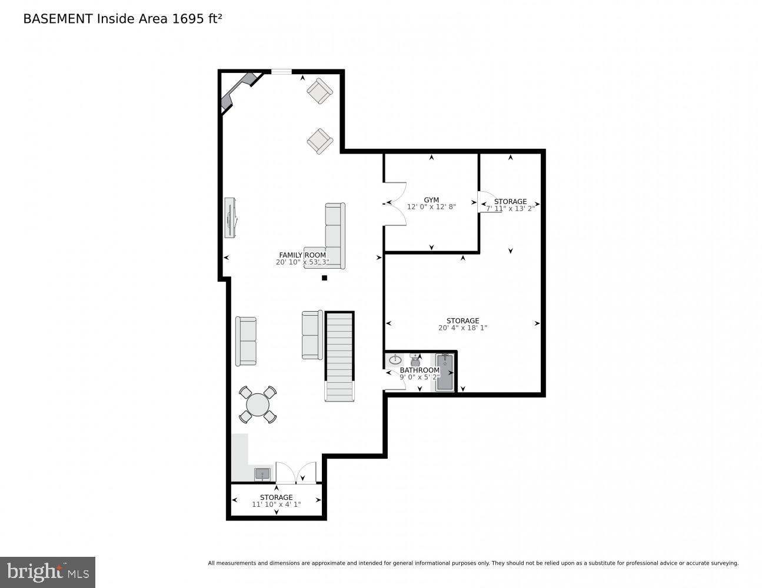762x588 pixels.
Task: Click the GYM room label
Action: tap(431, 200)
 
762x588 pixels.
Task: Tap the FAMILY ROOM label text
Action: tap(302, 255)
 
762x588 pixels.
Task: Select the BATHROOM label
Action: tap(420, 370)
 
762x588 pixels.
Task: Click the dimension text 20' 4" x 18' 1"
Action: tap(462, 328)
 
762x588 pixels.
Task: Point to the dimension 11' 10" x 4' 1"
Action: tap(276, 505)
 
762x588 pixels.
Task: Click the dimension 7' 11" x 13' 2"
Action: tap(510, 208)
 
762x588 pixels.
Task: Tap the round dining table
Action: tap(258, 405)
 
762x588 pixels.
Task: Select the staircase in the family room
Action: tap(340, 356)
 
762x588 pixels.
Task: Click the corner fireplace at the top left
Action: tap(238, 91)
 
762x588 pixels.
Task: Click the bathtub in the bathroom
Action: tap(445, 372)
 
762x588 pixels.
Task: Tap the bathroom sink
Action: tap(395, 359)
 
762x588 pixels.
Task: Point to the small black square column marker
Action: tap(324, 278)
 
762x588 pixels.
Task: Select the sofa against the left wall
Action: tap(246, 341)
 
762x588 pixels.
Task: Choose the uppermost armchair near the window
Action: tap(320, 91)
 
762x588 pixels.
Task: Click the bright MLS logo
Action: tap(48, 572)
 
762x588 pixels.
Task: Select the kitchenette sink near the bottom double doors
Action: tap(262, 474)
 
